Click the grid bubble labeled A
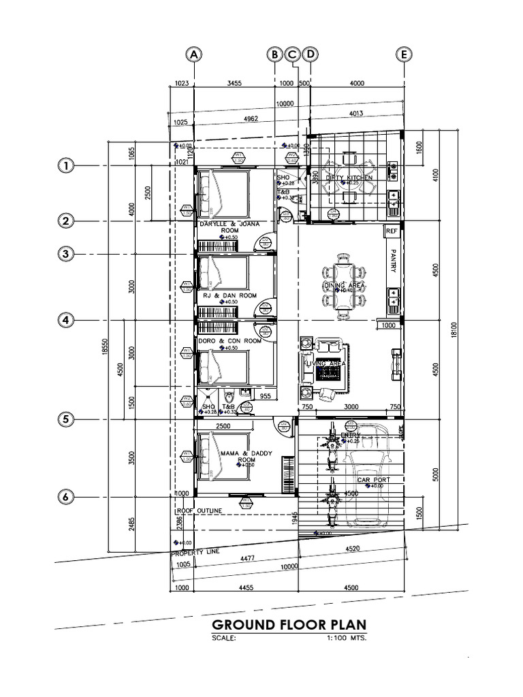click(x=195, y=54)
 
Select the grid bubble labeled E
click(x=405, y=54)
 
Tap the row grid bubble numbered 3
click(x=65, y=254)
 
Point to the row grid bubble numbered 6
click(x=65, y=498)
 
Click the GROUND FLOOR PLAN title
click(x=289, y=625)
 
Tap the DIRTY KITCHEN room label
click(x=349, y=178)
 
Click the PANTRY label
click(x=392, y=260)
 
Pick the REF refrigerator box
click(x=391, y=231)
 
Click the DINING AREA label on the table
click(x=344, y=285)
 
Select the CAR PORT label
click(x=373, y=480)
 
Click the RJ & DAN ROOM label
click(x=229, y=296)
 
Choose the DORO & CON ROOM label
click(x=229, y=340)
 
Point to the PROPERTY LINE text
click(x=195, y=553)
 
